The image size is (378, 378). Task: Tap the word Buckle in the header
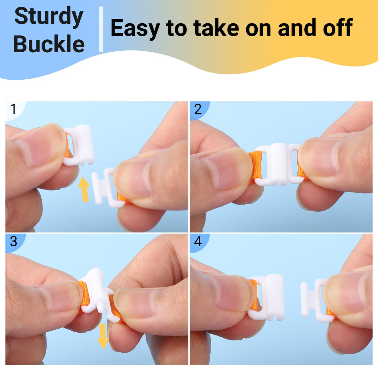(49, 43)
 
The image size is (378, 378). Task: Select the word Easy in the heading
(135, 29)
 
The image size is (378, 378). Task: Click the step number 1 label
(13, 109)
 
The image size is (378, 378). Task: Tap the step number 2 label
(198, 109)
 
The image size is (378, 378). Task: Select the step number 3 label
(14, 241)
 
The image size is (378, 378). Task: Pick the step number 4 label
(198, 241)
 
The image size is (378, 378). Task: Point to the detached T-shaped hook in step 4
(317, 300)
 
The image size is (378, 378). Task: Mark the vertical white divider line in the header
(101, 29)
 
